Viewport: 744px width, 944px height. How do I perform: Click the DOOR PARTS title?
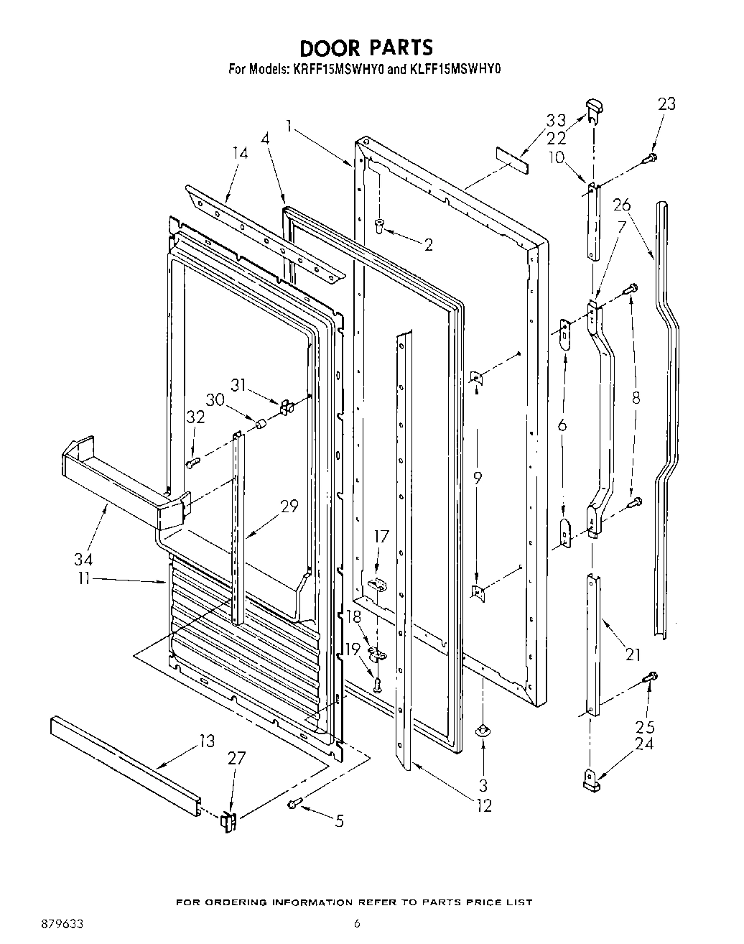point(366,47)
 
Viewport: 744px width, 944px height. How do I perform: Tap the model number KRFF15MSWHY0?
point(338,70)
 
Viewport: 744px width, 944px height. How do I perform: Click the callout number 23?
point(666,103)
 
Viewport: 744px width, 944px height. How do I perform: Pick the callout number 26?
point(622,205)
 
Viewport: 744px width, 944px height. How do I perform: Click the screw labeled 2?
point(381,228)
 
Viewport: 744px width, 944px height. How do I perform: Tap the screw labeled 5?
point(294,803)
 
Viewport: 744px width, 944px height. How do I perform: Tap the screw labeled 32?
point(192,463)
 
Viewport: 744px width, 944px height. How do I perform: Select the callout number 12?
point(484,806)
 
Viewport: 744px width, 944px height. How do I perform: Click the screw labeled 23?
point(651,157)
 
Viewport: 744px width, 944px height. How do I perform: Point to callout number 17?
point(381,535)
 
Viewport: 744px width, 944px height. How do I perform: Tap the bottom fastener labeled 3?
point(483,731)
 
